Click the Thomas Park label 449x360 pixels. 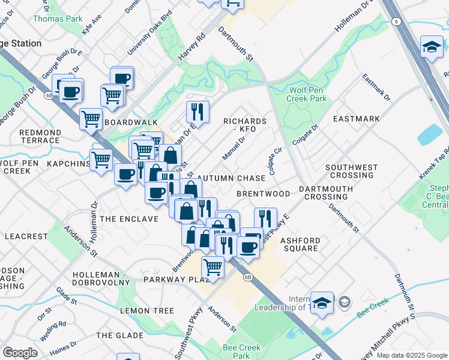pos(58,19)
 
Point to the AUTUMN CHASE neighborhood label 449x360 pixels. pos(231,178)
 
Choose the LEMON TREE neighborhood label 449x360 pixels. pos(147,311)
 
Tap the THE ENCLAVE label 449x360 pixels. pos(129,219)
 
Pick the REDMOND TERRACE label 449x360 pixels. pos(40,136)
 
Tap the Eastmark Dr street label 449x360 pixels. pos(376,88)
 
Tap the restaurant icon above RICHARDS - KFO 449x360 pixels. pos(197,111)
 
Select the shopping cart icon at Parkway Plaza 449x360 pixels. pos(212,266)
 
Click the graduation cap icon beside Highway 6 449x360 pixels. pos(432,46)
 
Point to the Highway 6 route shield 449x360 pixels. pos(396,21)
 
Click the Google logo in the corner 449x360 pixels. pos(20,353)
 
